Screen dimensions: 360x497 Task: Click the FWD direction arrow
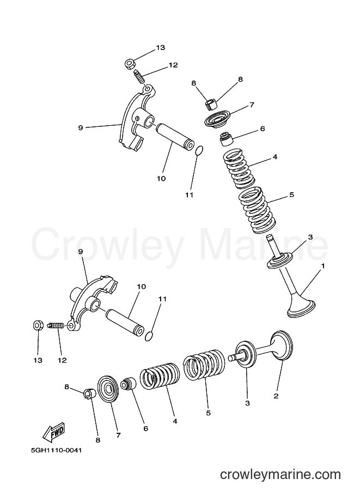point(54,432)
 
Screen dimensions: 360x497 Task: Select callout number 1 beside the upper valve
point(323,266)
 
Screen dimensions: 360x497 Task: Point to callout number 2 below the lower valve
point(276,396)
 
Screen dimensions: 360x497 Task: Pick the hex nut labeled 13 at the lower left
point(38,325)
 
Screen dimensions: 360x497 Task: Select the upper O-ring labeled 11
point(199,151)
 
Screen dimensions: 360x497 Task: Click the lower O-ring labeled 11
point(149,336)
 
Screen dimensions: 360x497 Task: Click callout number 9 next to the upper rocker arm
point(80,128)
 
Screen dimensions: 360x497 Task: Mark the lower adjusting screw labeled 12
point(56,326)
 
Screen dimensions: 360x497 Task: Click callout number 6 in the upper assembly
point(263,128)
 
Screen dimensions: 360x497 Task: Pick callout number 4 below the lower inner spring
point(175,421)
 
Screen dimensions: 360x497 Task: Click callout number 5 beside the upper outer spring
point(292,195)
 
